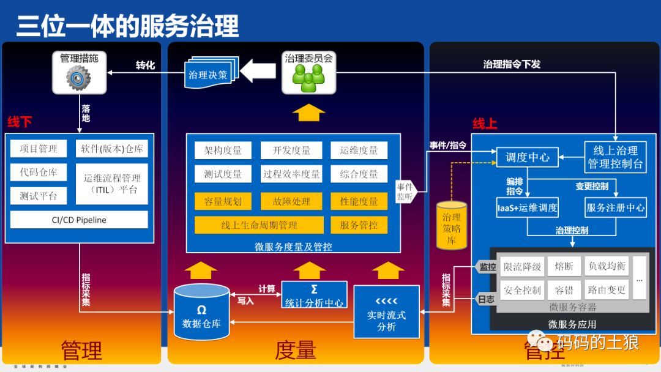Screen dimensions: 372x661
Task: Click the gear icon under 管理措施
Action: point(78,78)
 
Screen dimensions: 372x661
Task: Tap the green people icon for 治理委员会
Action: point(308,78)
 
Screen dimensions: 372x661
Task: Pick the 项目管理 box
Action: point(39,149)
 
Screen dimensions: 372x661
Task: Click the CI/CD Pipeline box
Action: point(79,220)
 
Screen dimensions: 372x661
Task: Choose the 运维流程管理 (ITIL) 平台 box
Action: point(112,184)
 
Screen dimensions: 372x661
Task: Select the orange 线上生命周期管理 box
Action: point(259,225)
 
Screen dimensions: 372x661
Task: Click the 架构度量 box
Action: point(223,151)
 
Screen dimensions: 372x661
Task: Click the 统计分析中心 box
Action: point(314,295)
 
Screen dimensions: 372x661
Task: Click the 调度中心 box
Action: point(527,157)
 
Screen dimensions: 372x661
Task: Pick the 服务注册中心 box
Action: point(615,207)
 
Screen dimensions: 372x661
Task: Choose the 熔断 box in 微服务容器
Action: point(564,267)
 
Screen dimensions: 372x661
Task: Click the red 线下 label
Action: point(20,122)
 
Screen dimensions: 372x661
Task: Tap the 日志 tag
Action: point(485,299)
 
